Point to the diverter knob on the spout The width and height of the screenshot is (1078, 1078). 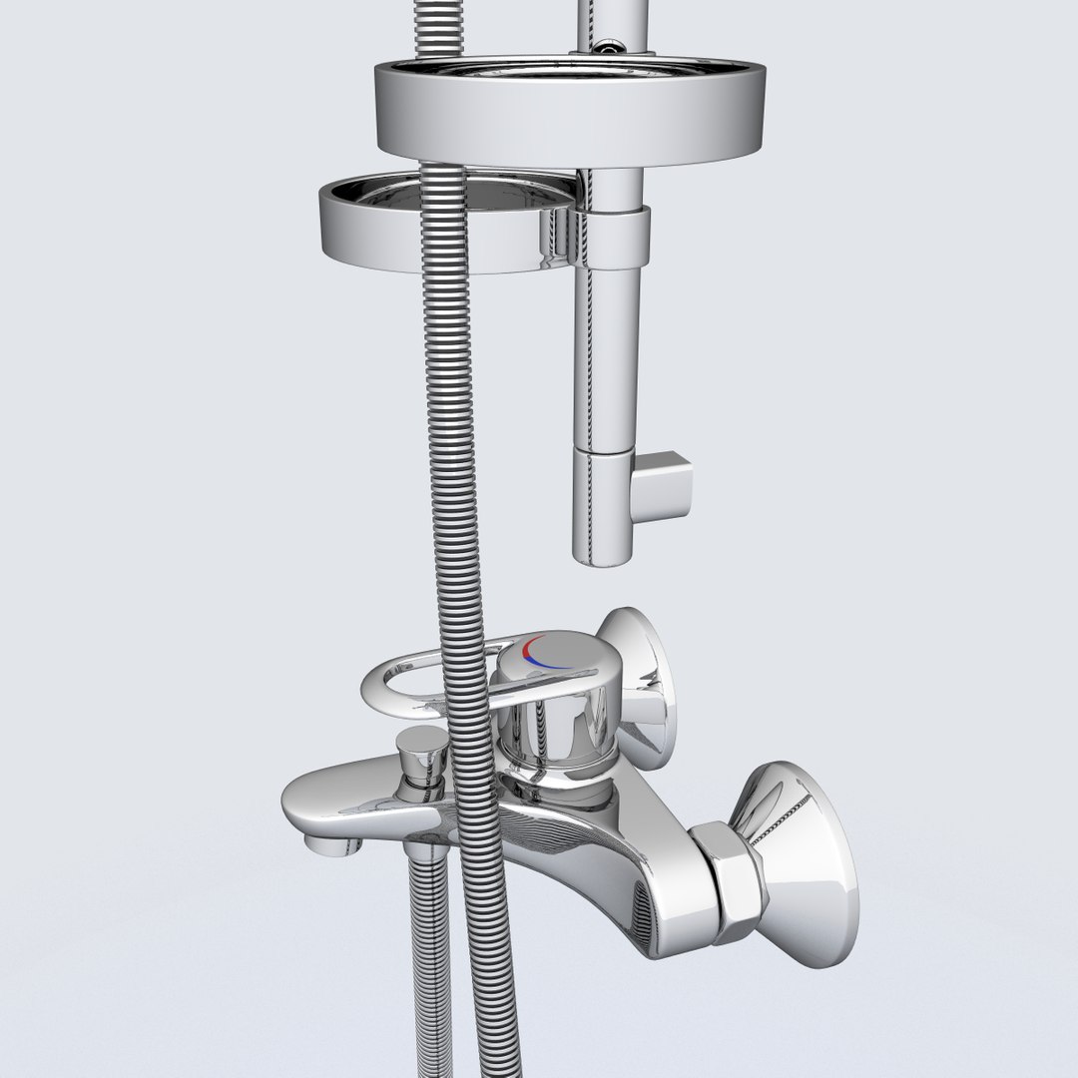click(x=420, y=749)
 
